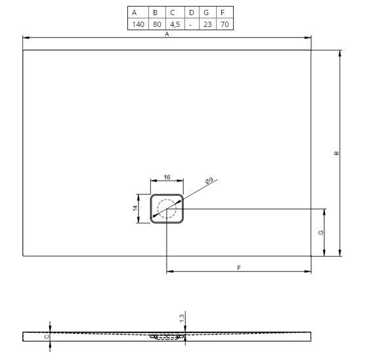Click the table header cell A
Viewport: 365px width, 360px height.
(x=134, y=12)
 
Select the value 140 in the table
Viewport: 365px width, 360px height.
(x=138, y=24)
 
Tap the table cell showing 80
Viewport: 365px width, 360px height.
(x=157, y=24)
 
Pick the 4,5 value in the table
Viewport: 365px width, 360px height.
(x=175, y=24)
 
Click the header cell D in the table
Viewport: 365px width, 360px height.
(x=191, y=12)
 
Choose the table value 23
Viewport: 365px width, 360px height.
(x=207, y=24)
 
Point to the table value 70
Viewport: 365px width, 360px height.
(x=225, y=24)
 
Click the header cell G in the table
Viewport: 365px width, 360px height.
(x=206, y=12)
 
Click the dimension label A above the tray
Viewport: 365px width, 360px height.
(x=167, y=34)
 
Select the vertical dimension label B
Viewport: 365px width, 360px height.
(x=336, y=153)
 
